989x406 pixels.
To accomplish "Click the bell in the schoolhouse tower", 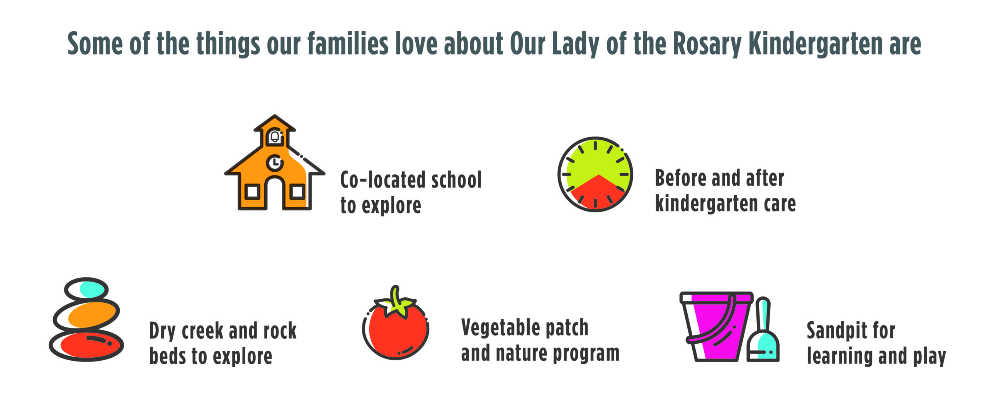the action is point(275,137).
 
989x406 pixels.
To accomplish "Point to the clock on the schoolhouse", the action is point(275,163).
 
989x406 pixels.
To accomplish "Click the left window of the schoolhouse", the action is point(252,191).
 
